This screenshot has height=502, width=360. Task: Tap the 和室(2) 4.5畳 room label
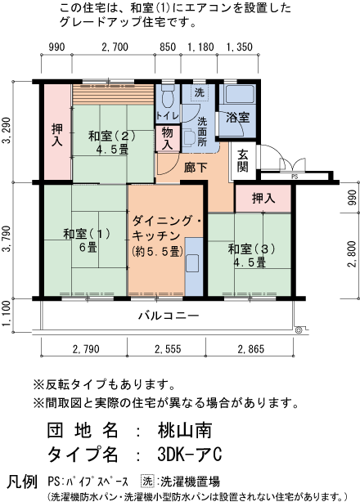click(x=113, y=143)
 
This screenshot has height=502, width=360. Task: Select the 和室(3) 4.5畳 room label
click(x=247, y=255)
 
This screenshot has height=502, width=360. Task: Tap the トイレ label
click(x=167, y=117)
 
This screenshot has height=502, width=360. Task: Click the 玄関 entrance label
click(x=243, y=160)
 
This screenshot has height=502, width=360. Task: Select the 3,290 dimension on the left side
click(x=7, y=132)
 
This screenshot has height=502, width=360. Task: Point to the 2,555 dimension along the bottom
click(x=166, y=350)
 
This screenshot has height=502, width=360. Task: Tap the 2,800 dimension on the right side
click(x=352, y=254)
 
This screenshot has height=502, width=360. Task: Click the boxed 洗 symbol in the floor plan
click(x=199, y=94)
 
